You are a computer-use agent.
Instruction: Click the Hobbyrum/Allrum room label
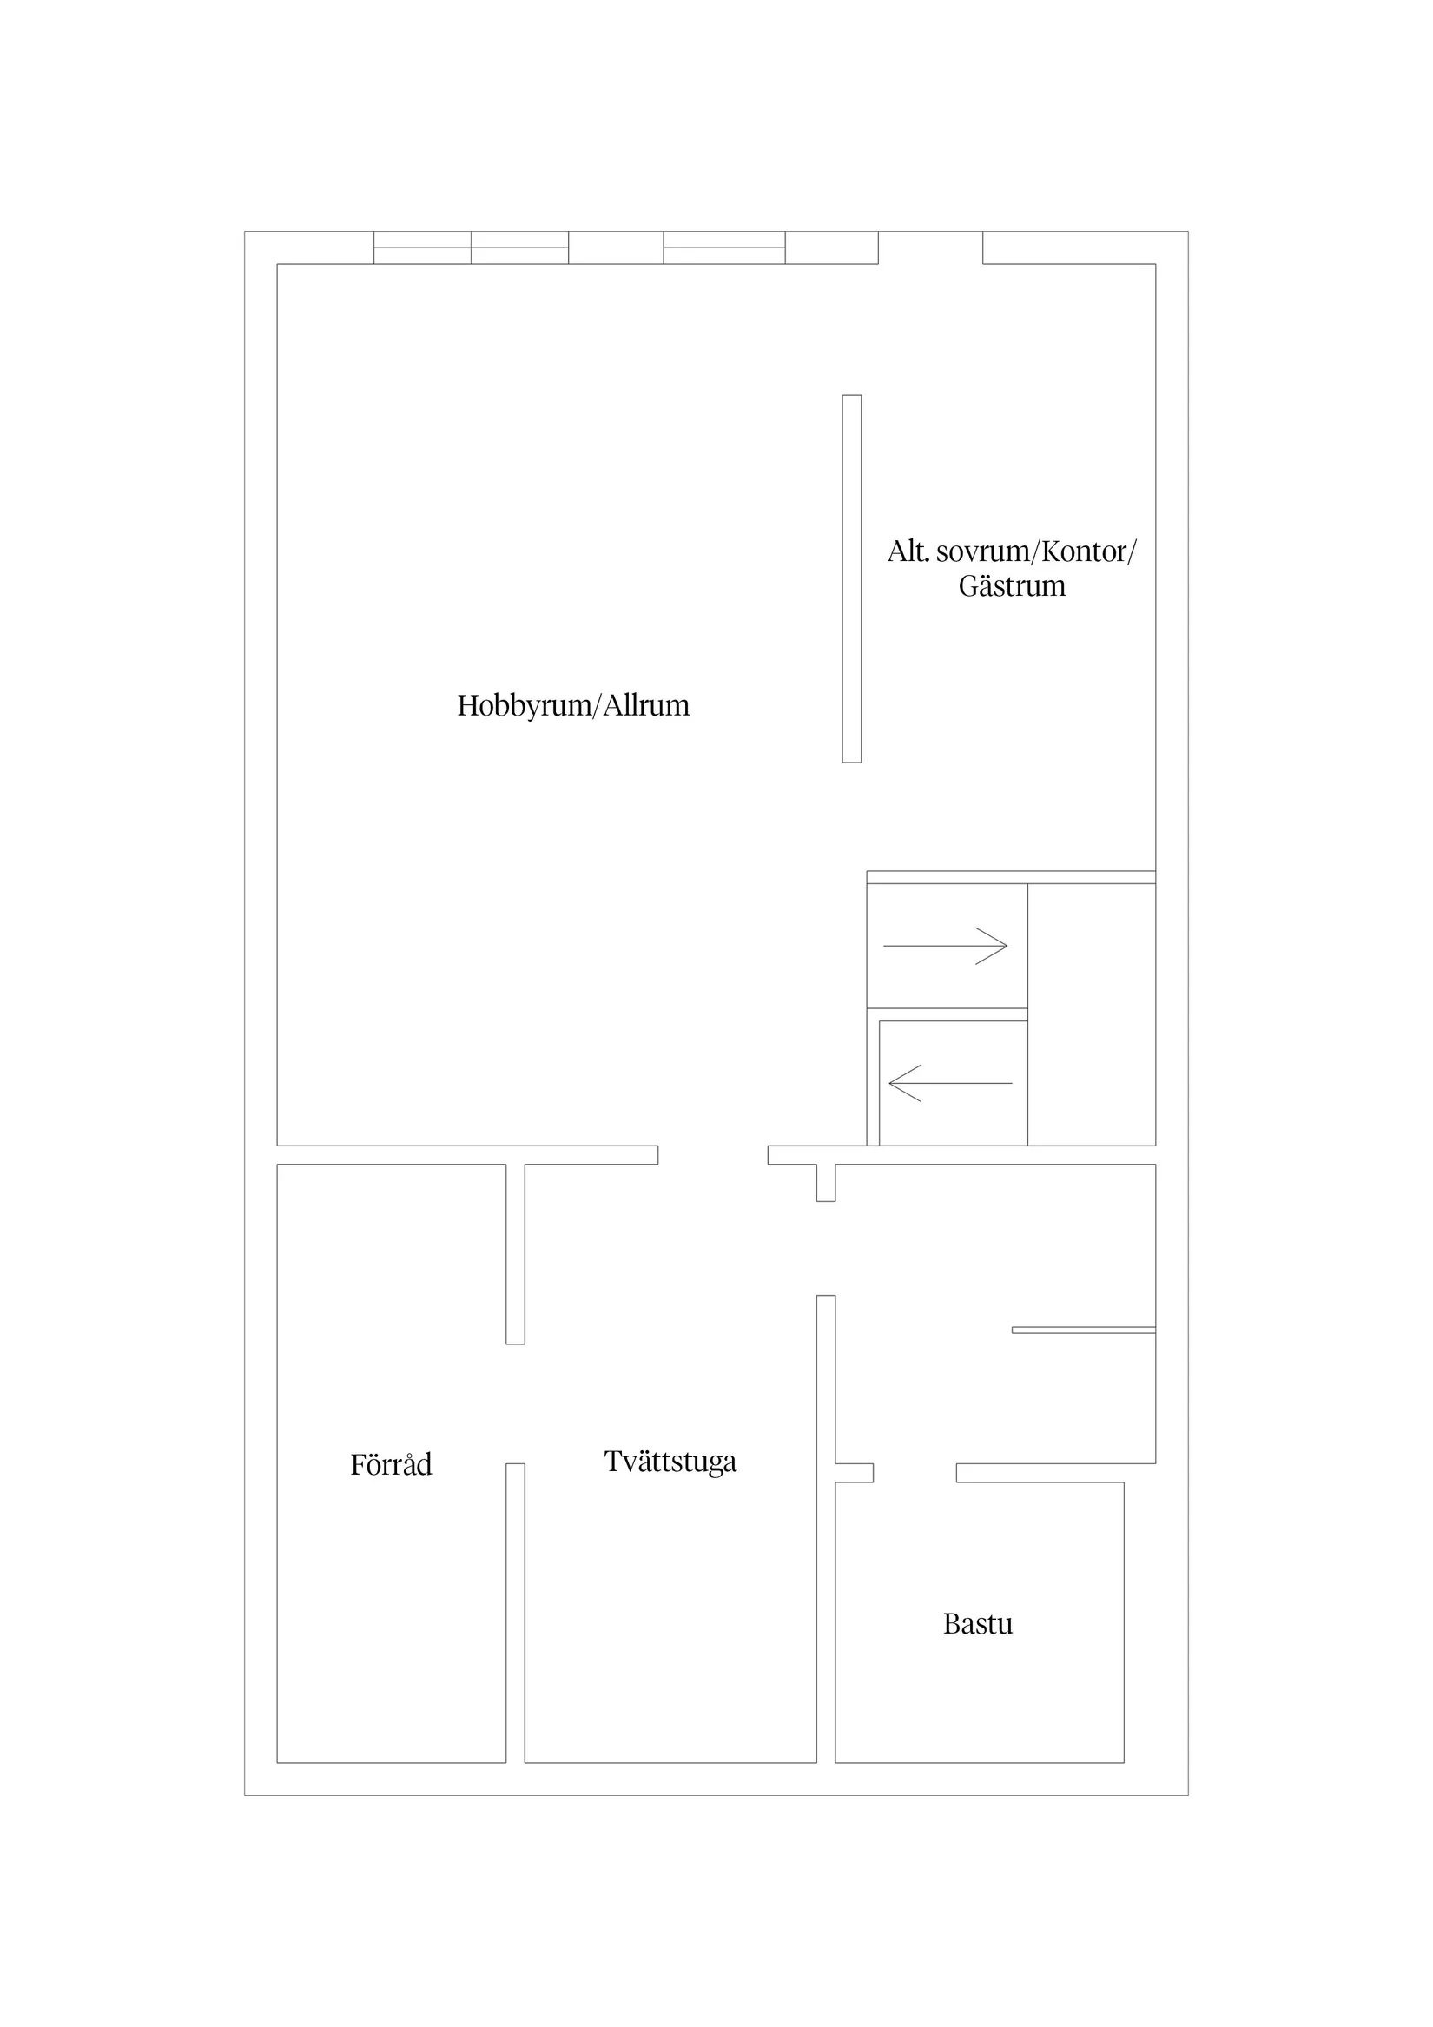coord(573,705)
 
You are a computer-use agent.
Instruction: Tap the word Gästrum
coord(1012,586)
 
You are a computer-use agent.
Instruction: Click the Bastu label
coord(977,1622)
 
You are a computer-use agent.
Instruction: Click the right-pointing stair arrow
coord(945,946)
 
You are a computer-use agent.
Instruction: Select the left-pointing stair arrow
coord(950,1083)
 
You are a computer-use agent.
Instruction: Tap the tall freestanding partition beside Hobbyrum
coord(851,578)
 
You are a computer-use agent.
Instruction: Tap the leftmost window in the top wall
coord(422,248)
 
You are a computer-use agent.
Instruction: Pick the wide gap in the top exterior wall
coord(931,248)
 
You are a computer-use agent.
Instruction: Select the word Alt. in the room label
coord(908,551)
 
